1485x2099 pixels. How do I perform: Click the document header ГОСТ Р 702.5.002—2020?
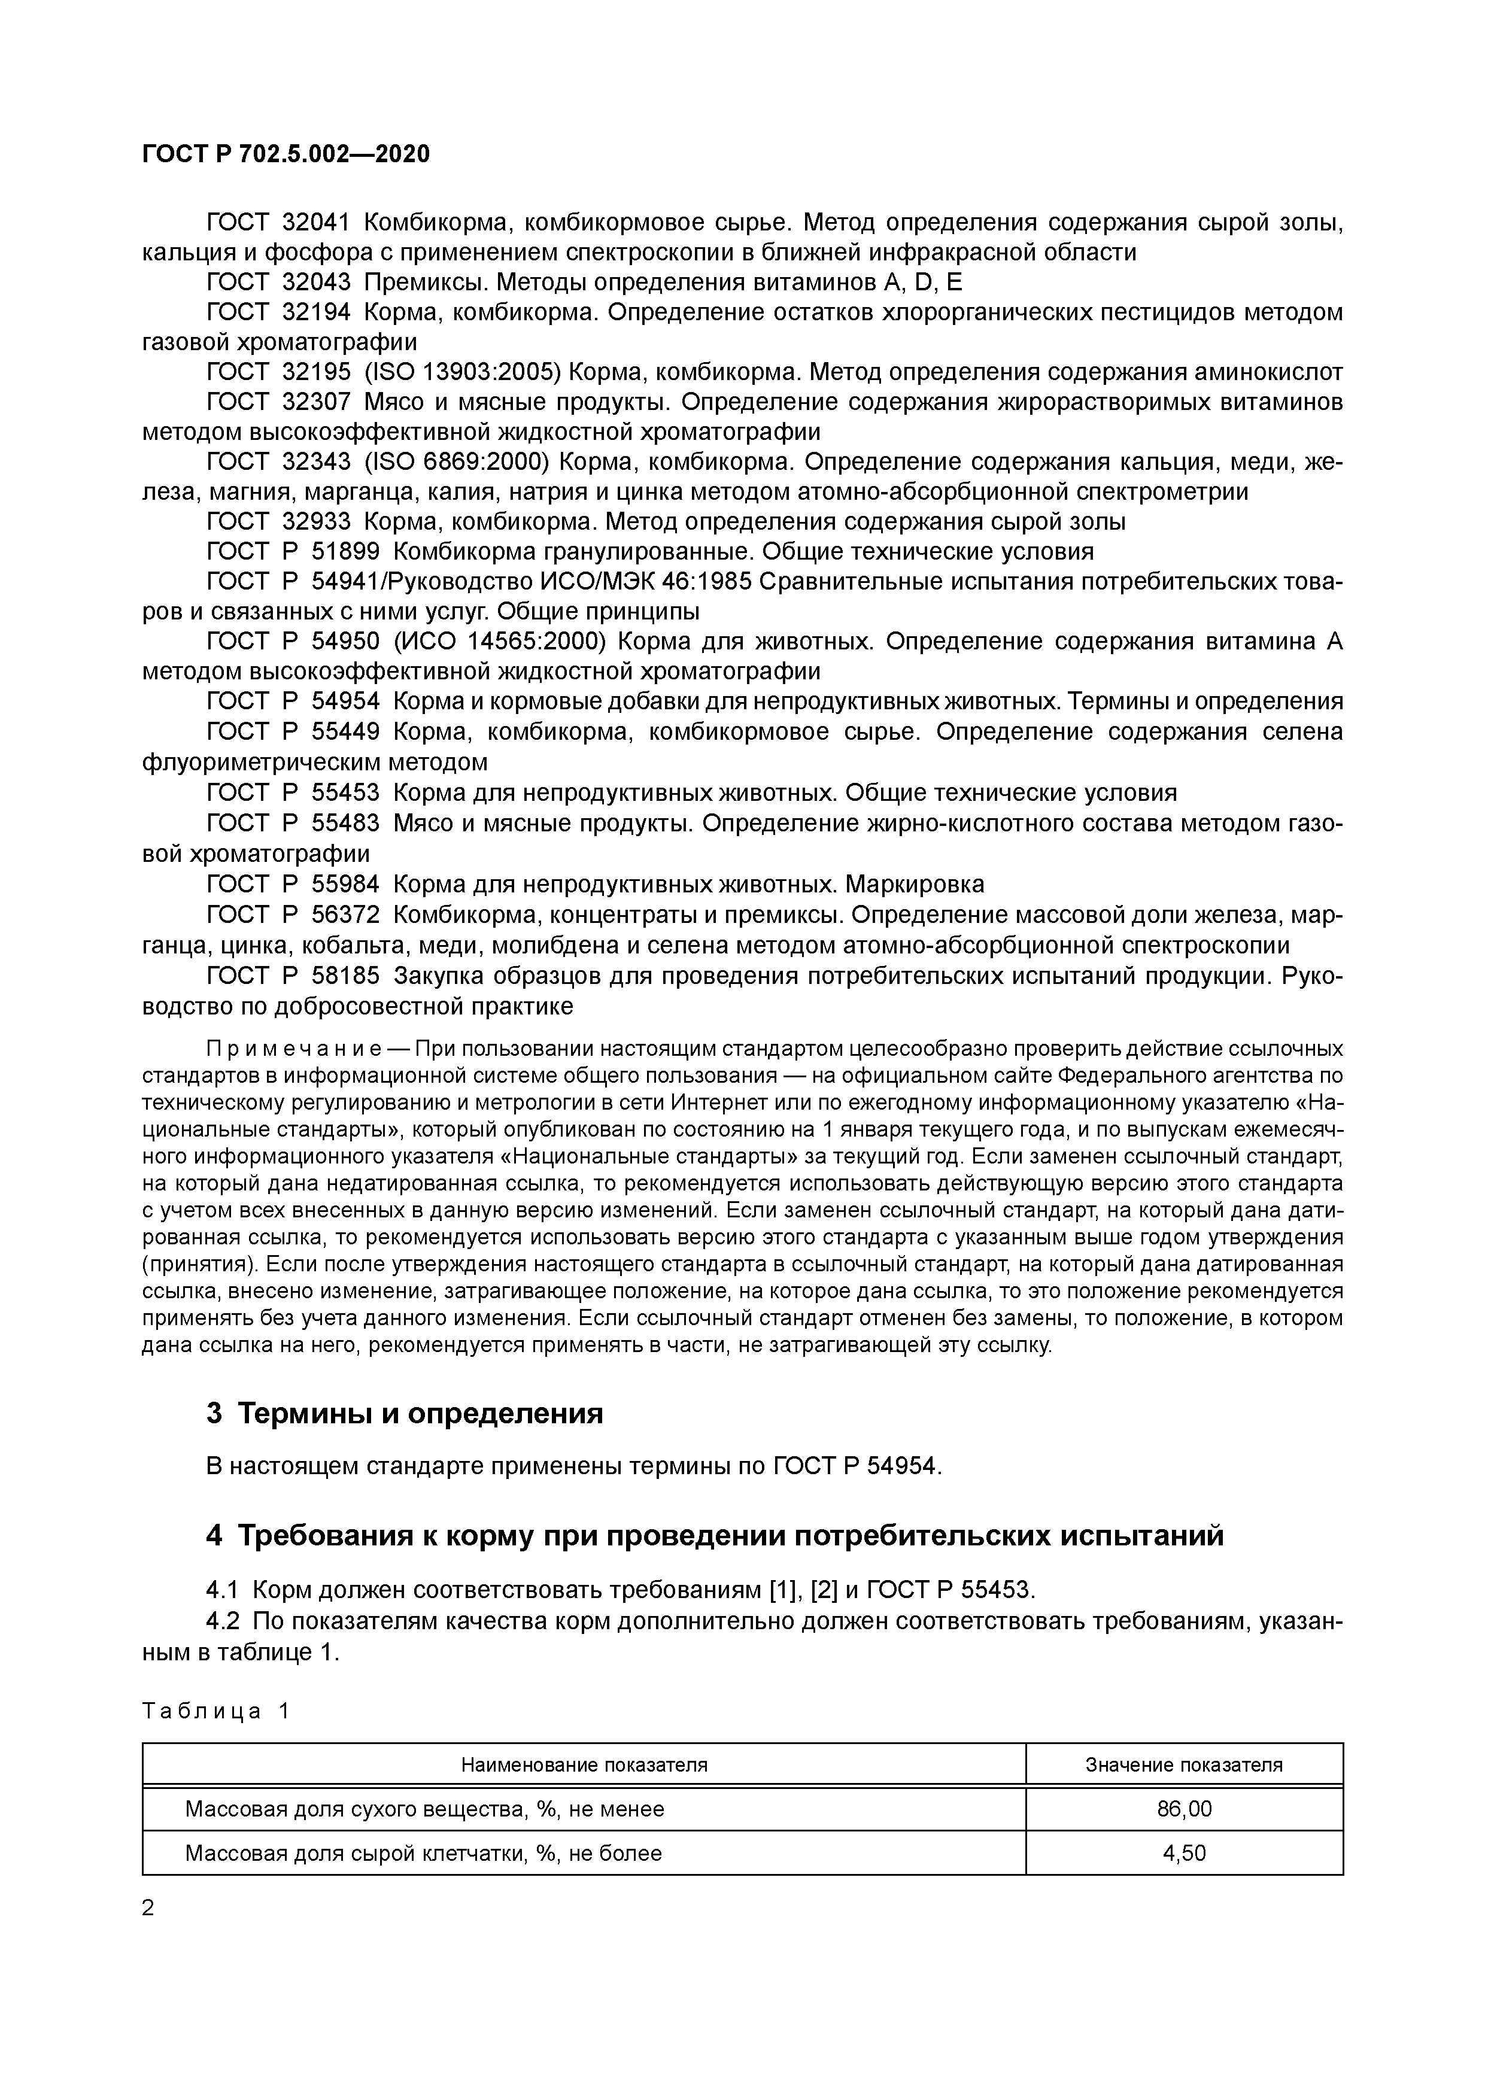coord(286,154)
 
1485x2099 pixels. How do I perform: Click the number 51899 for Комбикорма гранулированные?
coord(345,551)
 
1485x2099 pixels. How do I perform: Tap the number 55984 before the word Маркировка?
coord(345,884)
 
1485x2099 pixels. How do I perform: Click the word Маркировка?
coord(915,884)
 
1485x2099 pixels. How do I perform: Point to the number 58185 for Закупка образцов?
coord(345,976)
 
